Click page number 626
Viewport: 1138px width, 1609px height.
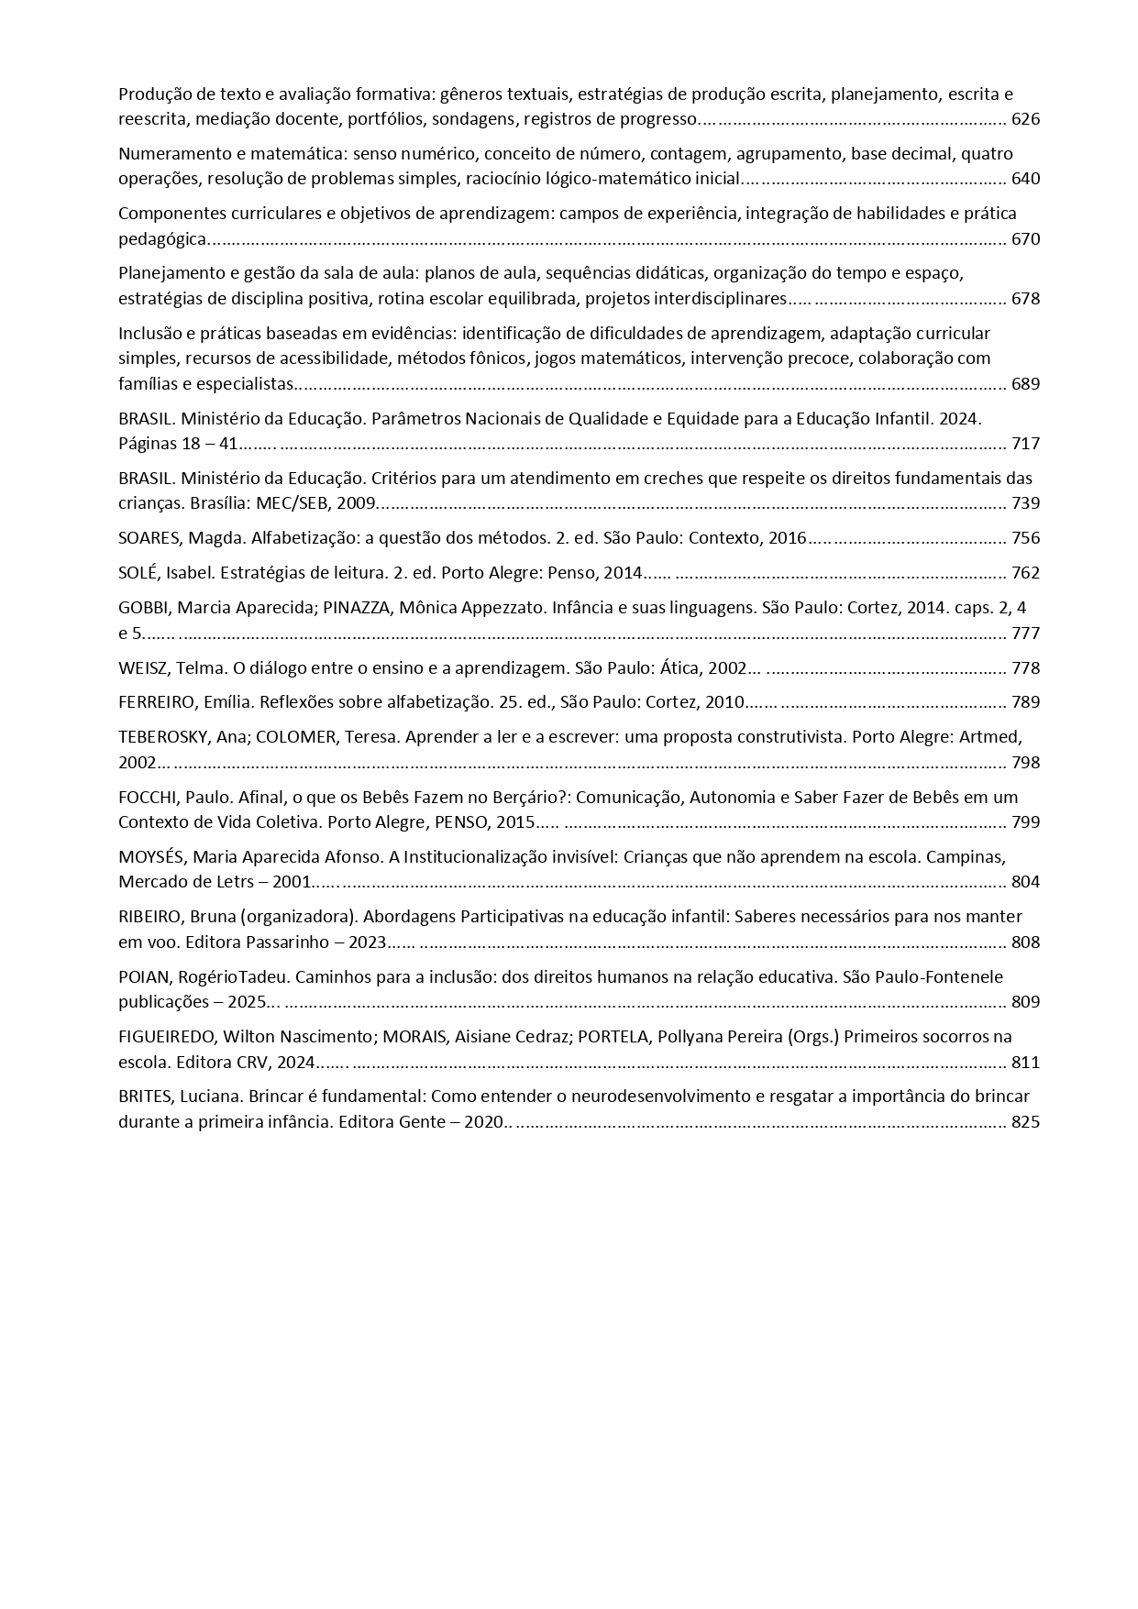tap(1025, 119)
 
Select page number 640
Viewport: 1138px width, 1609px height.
tap(1025, 179)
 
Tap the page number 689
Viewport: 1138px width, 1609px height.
tap(1025, 384)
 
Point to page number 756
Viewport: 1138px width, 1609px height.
tap(1025, 538)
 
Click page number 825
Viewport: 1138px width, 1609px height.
tap(1025, 1121)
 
